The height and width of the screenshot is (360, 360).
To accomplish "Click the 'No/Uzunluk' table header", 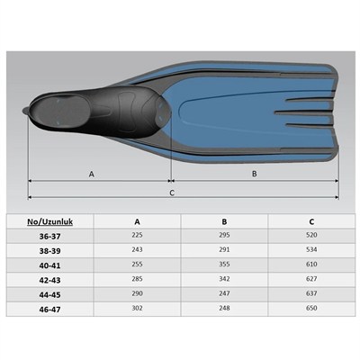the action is (x=50, y=221).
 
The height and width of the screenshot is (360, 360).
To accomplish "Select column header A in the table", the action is (x=137, y=221).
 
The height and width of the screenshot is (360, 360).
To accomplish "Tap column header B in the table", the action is (x=224, y=221).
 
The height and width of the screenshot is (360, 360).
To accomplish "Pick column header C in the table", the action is (x=311, y=221).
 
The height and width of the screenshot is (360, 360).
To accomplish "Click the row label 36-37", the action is (x=49, y=237).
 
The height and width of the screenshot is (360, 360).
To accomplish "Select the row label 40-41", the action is (x=49, y=265).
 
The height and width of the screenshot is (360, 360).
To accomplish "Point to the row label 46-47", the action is (x=49, y=310).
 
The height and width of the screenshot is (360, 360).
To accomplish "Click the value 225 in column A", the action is (x=137, y=235).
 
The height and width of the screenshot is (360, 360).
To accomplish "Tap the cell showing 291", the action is (x=224, y=249).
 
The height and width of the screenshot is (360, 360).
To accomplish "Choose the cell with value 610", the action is (x=311, y=264).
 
